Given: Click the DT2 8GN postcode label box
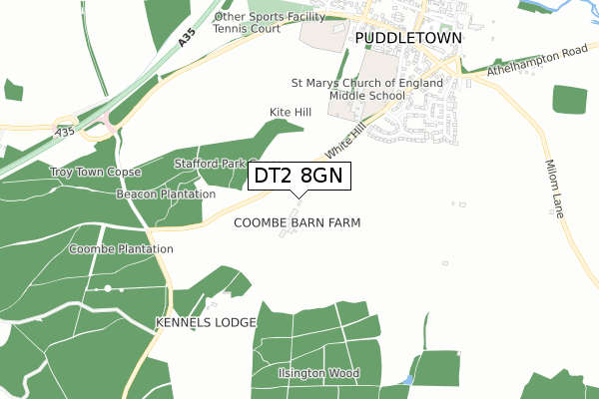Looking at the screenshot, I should (x=299, y=177).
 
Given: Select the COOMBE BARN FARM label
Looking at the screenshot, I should (x=297, y=222).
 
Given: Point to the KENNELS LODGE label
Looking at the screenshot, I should (x=206, y=322).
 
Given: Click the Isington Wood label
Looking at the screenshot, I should (x=318, y=373).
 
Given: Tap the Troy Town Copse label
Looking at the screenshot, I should (x=96, y=173).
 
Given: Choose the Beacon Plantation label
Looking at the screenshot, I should (x=166, y=194).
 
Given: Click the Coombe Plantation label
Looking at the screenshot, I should (x=121, y=247).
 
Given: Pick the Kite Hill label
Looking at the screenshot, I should (x=291, y=112).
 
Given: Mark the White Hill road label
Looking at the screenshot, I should (x=345, y=141).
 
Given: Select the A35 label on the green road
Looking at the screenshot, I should (x=185, y=37).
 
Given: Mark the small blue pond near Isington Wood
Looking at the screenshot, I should (x=405, y=381).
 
